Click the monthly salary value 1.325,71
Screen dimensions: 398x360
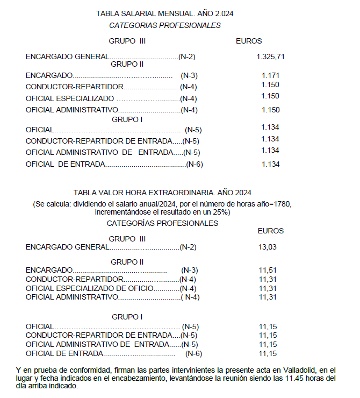click(x=271, y=56)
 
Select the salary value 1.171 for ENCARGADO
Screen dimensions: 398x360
click(x=270, y=76)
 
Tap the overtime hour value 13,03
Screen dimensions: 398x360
click(x=268, y=247)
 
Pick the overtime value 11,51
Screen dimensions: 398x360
click(x=268, y=270)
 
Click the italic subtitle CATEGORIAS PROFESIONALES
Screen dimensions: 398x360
click(x=164, y=25)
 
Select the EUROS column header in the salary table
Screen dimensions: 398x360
click(x=249, y=41)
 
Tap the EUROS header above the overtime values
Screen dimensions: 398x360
click(x=271, y=231)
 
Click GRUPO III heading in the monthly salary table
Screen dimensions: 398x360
click(x=127, y=41)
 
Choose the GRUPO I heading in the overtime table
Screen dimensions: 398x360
click(x=127, y=317)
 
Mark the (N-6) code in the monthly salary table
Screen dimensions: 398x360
click(x=194, y=164)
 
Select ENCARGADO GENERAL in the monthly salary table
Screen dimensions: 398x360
click(x=67, y=56)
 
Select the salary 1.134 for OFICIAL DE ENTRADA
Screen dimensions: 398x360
click(x=270, y=164)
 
